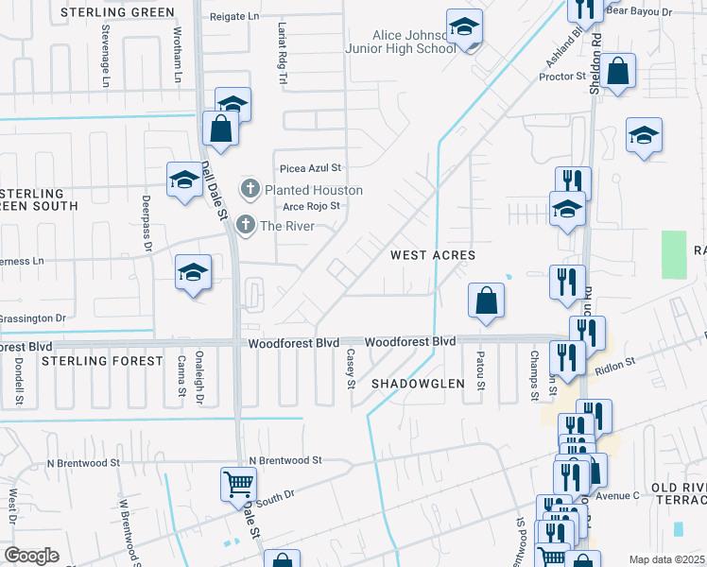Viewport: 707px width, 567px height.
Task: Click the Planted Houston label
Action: click(313, 190)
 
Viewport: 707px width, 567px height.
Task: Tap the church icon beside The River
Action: click(246, 225)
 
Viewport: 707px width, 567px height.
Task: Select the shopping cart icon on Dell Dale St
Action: click(238, 484)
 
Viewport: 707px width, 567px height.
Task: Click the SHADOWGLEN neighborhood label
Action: click(418, 383)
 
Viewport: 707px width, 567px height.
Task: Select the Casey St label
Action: click(350, 369)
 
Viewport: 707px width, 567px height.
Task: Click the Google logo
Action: click(31, 555)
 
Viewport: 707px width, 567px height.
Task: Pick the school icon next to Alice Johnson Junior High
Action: click(464, 27)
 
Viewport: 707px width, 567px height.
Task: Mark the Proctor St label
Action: click(562, 76)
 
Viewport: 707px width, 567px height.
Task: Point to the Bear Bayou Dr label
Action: click(638, 12)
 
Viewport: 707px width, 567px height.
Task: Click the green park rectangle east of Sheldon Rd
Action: click(674, 254)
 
